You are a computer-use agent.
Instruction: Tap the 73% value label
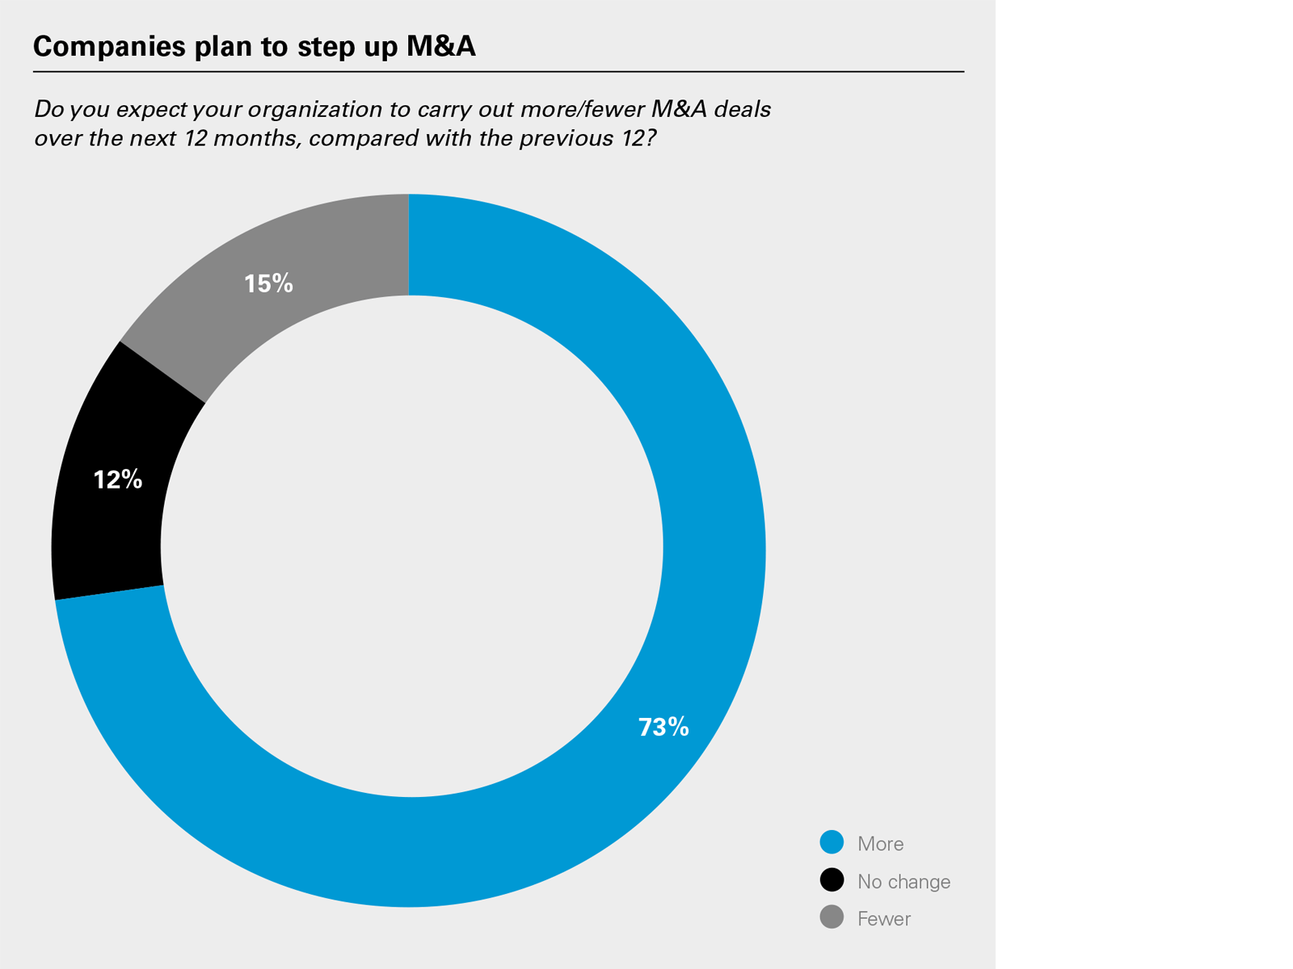pos(663,728)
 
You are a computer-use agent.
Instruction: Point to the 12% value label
pos(118,480)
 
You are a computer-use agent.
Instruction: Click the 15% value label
pos(268,283)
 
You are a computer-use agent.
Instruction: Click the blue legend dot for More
pos(832,842)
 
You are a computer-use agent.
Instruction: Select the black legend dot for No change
pos(832,880)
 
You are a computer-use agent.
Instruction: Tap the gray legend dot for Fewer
pos(832,917)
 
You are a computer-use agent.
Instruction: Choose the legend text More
pos(880,844)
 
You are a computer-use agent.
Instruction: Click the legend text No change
pos(903,882)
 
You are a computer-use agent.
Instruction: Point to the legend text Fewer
pos(883,919)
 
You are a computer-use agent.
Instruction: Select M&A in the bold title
pos(440,47)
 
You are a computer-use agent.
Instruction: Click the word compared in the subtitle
pos(356,139)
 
